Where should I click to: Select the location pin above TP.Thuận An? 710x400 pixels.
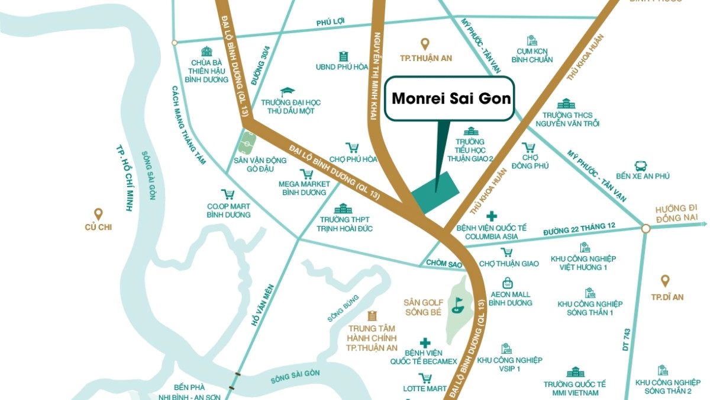pos(424,44)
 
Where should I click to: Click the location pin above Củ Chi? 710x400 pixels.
pos(98,214)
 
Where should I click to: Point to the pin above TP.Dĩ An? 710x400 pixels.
pos(664,281)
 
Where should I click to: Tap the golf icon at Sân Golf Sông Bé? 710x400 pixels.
pos(457,306)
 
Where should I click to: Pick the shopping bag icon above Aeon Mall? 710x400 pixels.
pos(507,283)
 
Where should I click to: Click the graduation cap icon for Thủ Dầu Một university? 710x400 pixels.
pos(288,92)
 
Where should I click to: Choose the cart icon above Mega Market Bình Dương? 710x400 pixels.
pos(306,174)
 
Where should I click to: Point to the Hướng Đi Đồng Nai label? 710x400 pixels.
pos(676,214)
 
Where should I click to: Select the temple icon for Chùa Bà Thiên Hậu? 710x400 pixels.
pos(206,52)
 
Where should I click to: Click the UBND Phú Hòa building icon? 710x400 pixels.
pos(343,56)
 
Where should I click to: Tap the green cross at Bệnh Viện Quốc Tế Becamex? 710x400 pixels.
pos(424,343)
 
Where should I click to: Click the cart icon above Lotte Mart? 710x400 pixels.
pos(424,378)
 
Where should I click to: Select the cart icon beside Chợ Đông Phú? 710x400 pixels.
pos(528,147)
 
